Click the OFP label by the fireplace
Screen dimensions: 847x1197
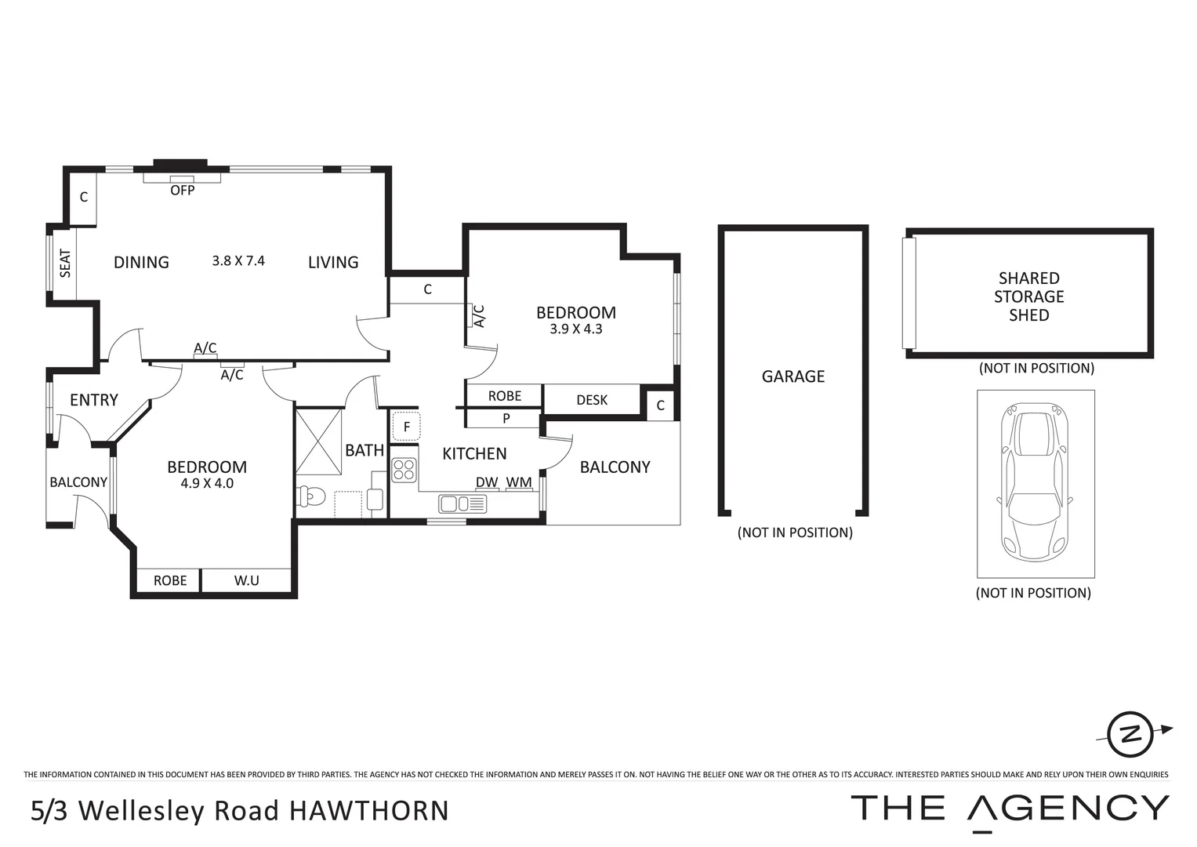tap(183, 190)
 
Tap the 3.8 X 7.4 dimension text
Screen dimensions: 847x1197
tap(238, 260)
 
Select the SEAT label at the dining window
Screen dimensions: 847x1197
tap(65, 264)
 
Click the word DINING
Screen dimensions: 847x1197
tap(141, 262)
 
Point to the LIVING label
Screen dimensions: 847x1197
tap(333, 262)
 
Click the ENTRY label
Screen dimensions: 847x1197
tap(94, 400)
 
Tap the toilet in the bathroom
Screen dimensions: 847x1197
tap(312, 497)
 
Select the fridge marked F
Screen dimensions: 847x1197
tap(406, 427)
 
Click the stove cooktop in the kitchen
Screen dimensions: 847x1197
tap(404, 470)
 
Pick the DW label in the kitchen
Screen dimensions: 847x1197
tap(487, 482)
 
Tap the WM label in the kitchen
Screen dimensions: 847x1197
tap(519, 482)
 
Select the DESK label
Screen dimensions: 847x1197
tap(592, 400)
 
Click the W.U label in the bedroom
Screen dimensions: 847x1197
tap(247, 580)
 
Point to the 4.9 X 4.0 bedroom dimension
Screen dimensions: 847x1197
tap(207, 484)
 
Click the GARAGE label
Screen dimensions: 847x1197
tap(793, 376)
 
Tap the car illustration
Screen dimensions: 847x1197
tap(1035, 482)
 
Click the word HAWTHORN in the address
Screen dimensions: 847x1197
tap(369, 810)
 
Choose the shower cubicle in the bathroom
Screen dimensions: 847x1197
tap(319, 441)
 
